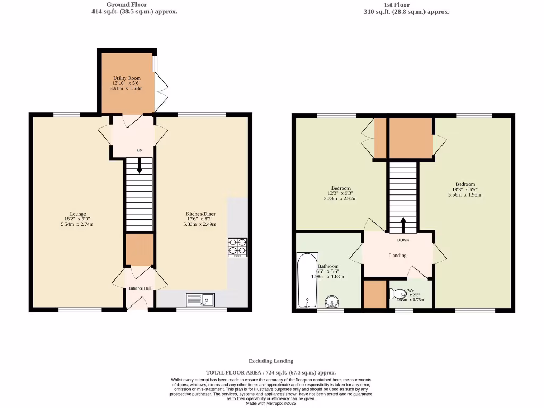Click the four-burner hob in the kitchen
(x=237, y=247)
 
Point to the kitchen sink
(x=200, y=300)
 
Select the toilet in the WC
(x=397, y=294)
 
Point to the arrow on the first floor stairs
(x=403, y=225)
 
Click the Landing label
(x=398, y=256)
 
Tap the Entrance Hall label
(x=140, y=288)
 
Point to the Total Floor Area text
(x=271, y=373)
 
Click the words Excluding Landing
(x=271, y=361)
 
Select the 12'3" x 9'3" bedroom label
(x=341, y=193)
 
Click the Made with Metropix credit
(x=271, y=403)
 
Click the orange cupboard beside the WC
(x=375, y=294)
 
